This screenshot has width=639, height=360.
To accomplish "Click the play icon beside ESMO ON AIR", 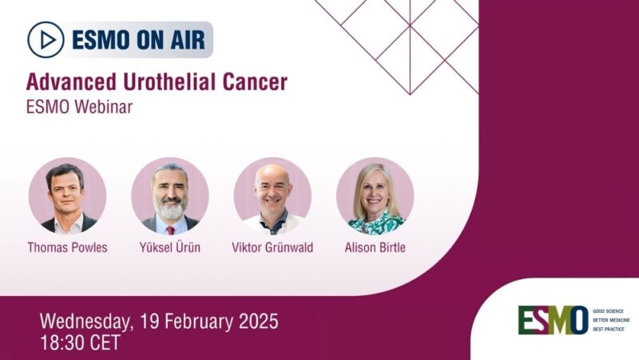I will [x=46, y=39].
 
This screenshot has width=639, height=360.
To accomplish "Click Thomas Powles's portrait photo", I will [x=67, y=196].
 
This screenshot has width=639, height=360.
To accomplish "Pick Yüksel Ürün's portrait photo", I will [x=170, y=196].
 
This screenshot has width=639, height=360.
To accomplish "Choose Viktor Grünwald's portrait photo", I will [x=272, y=196].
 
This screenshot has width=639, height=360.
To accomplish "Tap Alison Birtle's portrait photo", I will [x=375, y=196].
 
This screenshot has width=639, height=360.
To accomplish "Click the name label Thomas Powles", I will [x=67, y=247].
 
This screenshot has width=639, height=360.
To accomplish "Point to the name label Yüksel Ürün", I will [x=170, y=247].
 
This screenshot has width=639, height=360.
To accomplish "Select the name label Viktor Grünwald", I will [x=272, y=247].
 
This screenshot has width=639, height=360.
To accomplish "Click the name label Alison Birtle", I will [x=375, y=247].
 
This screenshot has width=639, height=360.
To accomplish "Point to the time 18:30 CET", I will [x=80, y=343].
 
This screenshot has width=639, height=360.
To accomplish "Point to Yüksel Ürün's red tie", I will [x=170, y=229].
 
